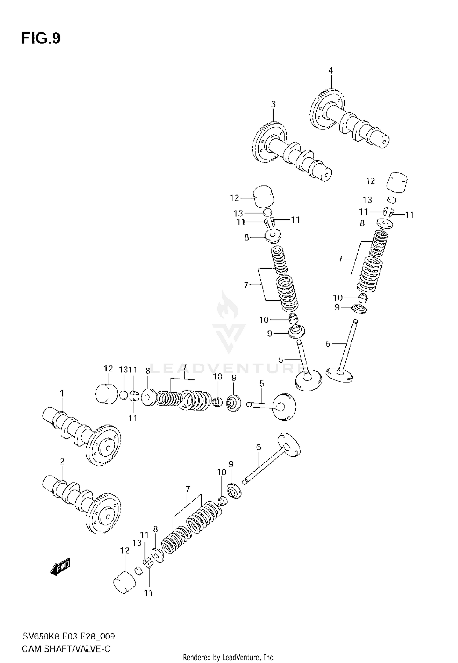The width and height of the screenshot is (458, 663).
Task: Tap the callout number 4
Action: (330, 71)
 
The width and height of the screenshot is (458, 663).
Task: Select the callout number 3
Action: (273, 104)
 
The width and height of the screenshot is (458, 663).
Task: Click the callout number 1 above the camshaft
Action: (62, 393)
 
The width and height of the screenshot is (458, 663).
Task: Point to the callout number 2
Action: (62, 462)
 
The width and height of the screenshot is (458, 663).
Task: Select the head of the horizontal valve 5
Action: (284, 406)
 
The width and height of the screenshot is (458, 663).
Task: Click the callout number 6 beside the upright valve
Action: (328, 344)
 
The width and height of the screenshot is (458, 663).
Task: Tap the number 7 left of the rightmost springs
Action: (340, 259)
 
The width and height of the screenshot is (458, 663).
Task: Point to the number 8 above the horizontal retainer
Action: (147, 371)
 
